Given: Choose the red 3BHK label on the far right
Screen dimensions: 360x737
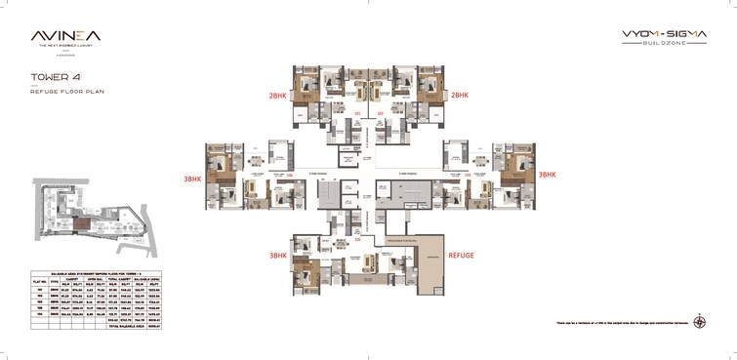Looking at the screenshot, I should pos(549,174).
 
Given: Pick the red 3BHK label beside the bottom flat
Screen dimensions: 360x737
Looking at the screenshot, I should pos(277,255).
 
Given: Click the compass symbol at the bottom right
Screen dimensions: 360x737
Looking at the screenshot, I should pos(701,321).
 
